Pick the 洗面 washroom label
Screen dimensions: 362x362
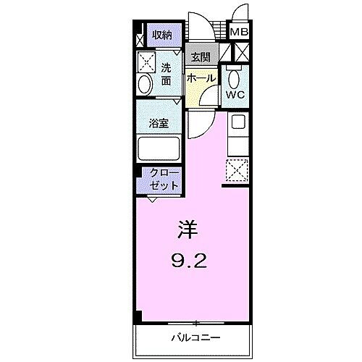[x=166, y=75]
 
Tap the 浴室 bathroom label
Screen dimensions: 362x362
[x=159, y=122]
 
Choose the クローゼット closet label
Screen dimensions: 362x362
[x=163, y=180]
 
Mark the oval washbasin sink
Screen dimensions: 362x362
[x=143, y=85]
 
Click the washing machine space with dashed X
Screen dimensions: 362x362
[x=147, y=61]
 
